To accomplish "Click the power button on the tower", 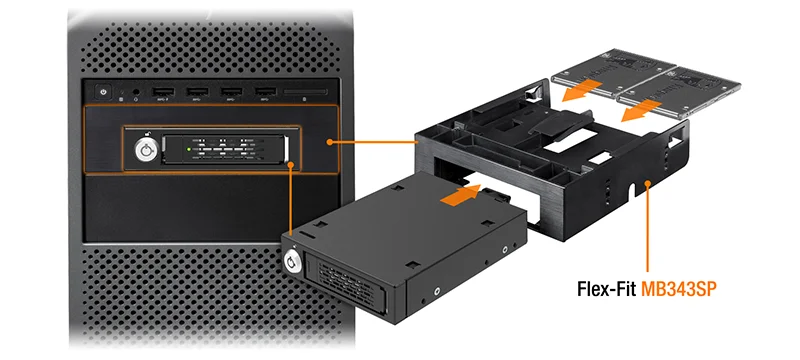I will (103, 91).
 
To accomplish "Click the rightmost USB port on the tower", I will (264, 92).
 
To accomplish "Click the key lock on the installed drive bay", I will (147, 152).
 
